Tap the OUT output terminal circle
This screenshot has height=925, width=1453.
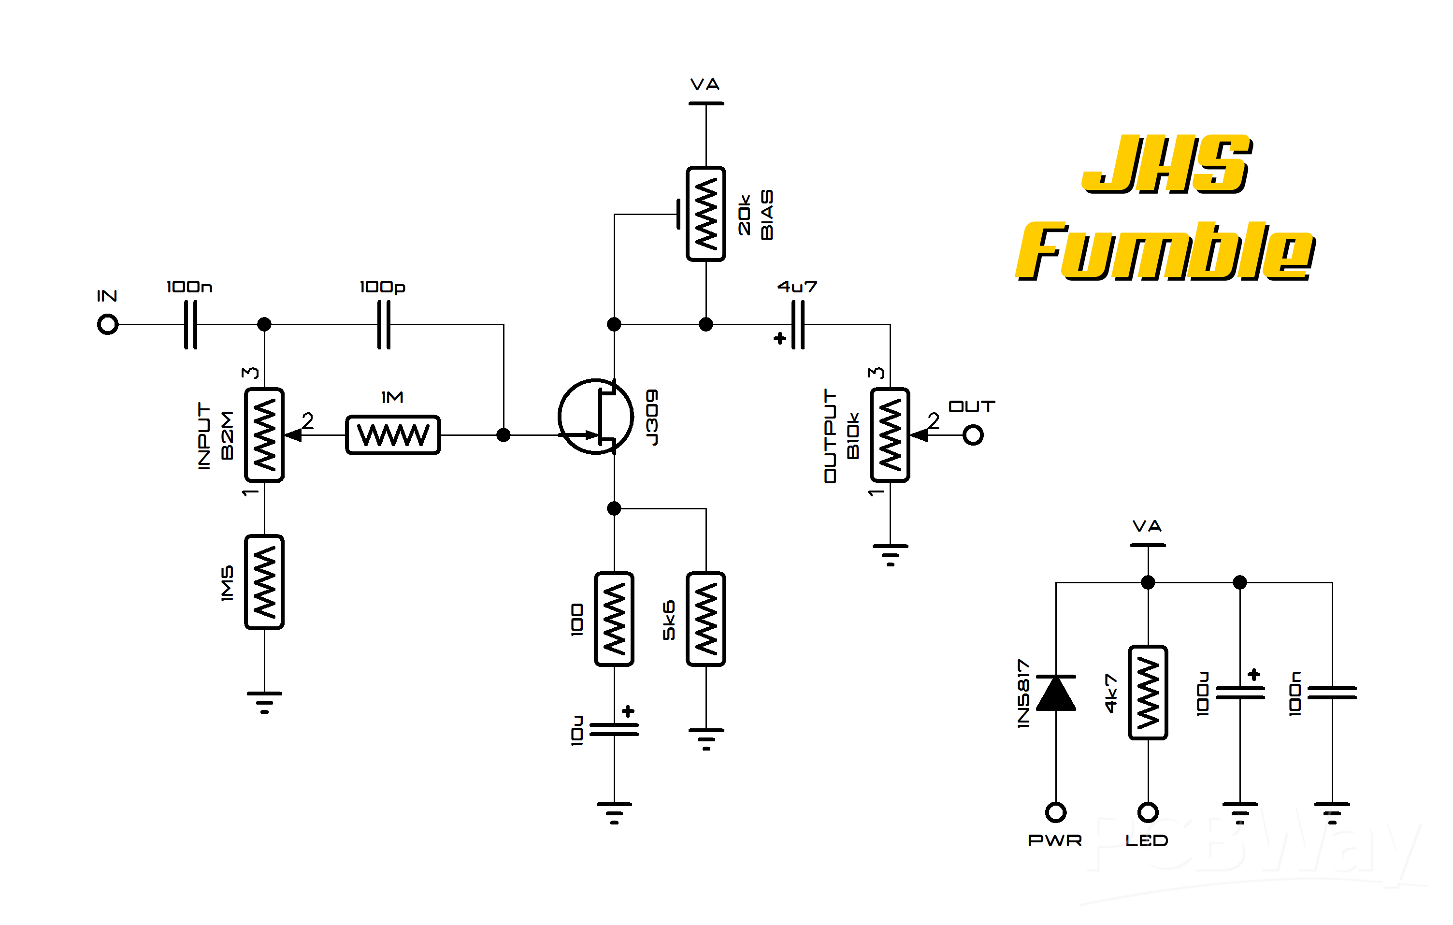973,435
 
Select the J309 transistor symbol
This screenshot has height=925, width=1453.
596,416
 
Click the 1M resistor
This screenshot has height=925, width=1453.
393,435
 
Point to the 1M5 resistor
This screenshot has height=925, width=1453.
264,582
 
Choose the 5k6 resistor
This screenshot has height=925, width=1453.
706,619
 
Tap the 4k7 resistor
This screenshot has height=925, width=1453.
1148,693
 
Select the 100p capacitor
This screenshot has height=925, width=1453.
384,325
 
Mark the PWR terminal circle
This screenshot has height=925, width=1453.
1056,812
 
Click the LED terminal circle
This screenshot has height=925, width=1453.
1148,812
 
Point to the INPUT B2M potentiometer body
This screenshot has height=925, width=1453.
264,435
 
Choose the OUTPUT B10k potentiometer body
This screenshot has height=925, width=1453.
890,435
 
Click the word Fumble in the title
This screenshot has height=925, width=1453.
1166,251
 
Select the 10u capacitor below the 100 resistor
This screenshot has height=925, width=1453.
614,729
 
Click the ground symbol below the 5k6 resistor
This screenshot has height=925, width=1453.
706,738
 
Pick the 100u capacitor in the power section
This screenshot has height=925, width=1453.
1240,693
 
